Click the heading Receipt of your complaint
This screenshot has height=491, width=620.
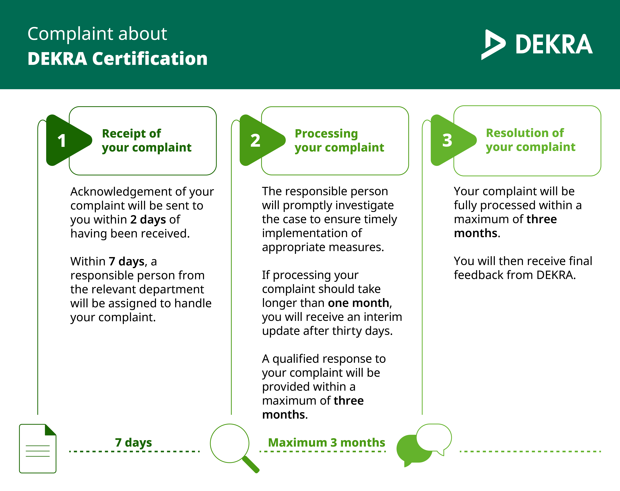(147, 141)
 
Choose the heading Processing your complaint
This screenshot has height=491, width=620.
(339, 141)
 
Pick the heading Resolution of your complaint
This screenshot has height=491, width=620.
(530, 140)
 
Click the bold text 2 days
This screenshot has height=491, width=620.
(148, 220)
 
